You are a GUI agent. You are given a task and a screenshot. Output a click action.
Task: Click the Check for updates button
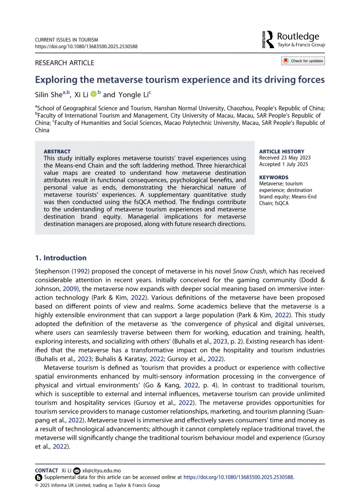point(303,61)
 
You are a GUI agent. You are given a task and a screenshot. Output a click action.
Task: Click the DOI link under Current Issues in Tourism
point(86,46)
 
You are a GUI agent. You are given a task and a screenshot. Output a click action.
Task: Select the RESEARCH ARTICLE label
point(64,63)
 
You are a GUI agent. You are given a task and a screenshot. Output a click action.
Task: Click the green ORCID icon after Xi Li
point(93,94)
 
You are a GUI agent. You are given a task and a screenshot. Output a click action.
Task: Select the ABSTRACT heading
point(57,152)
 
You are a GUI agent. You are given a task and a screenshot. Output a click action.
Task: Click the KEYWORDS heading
point(274,177)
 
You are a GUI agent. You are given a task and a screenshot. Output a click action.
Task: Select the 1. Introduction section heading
point(61,258)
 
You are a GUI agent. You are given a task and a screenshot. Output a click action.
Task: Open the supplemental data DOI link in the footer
point(238,477)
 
